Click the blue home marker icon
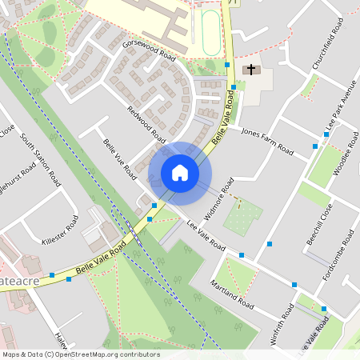click(180, 173)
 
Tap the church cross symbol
click(251, 70)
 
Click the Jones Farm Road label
click(267, 141)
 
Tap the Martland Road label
click(232, 295)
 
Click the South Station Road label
click(40, 160)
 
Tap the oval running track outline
click(210, 31)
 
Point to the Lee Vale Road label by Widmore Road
click(206, 234)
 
